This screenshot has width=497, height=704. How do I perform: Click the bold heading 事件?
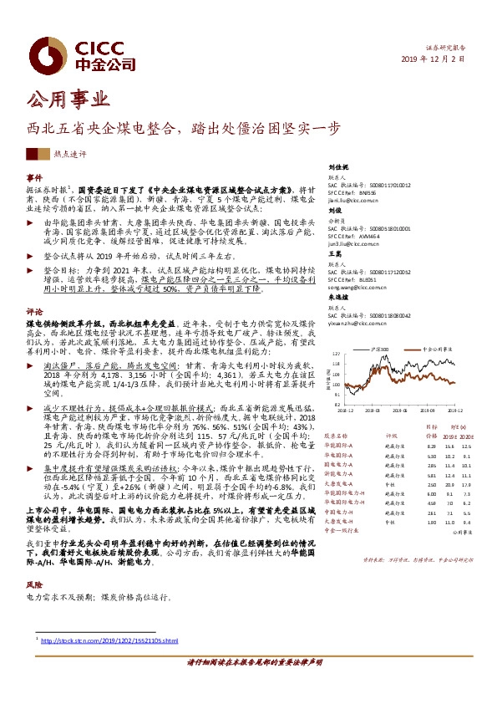click(34, 178)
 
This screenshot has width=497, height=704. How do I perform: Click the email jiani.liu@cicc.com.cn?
click(353, 202)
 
